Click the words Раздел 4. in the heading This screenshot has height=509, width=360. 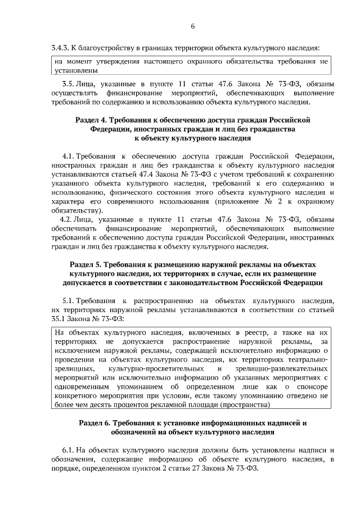coord(92,120)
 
